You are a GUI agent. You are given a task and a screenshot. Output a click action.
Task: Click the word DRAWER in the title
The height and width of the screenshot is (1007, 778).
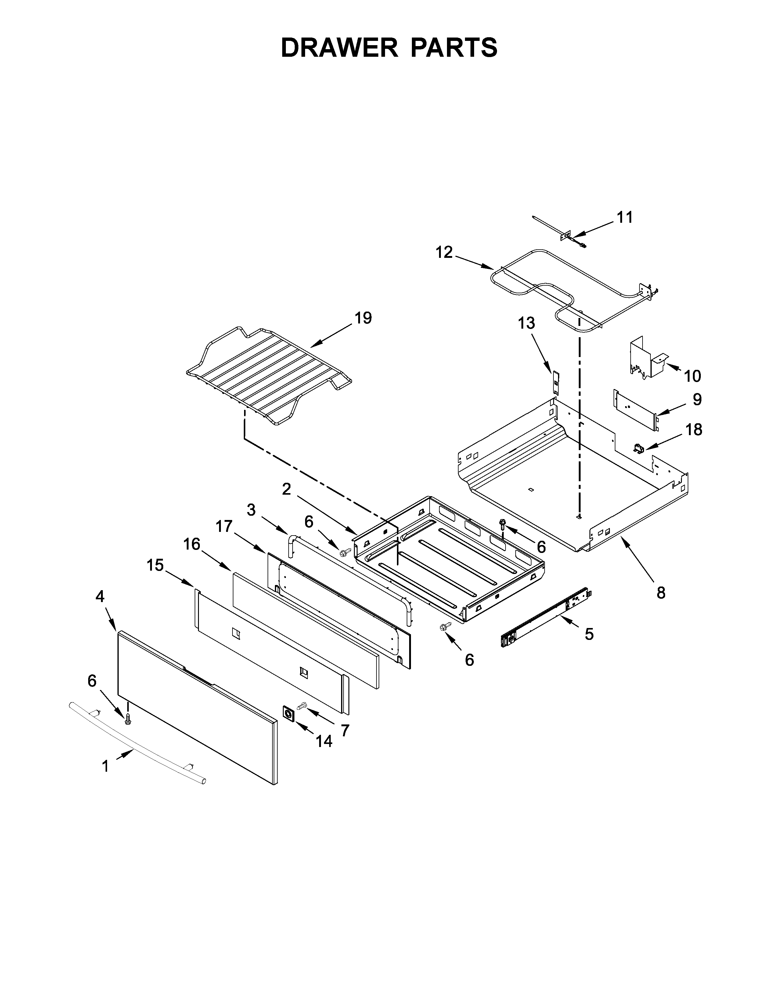point(339,48)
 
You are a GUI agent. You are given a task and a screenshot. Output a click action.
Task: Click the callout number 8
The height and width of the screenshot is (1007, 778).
point(661,593)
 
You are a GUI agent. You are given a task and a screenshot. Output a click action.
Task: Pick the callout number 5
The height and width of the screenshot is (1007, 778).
point(589,634)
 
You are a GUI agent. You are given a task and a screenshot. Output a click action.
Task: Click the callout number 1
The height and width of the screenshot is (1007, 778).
point(106,766)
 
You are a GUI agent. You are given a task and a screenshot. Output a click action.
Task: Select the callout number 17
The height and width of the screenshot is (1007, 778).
point(225,526)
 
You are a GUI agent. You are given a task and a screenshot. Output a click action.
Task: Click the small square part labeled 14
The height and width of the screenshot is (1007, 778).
point(289,714)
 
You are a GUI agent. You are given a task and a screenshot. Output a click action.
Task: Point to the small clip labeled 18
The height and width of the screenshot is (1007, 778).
point(638,447)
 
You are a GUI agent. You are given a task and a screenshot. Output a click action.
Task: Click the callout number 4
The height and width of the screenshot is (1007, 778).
point(100,596)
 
